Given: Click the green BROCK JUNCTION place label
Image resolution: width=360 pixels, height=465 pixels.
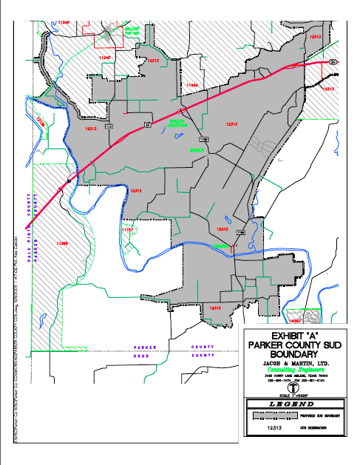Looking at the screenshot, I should point(178,123).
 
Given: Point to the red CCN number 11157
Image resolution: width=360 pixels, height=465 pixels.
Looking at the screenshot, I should point(128,230).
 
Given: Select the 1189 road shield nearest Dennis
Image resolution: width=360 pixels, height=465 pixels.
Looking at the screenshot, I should point(240,232).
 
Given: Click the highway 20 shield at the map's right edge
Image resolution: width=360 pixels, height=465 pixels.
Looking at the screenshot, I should point(333,61).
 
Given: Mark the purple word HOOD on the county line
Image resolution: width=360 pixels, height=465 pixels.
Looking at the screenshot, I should point(143,356).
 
